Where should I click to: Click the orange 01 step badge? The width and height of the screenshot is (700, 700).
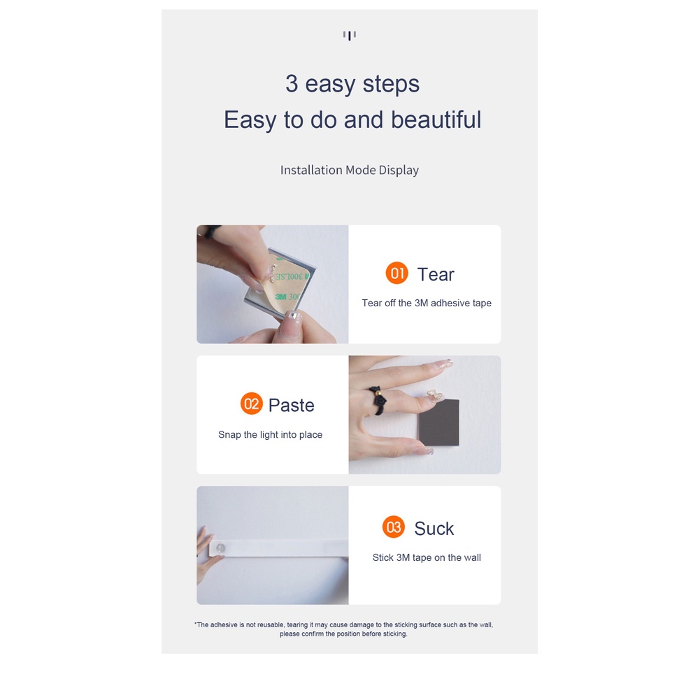click(397, 273)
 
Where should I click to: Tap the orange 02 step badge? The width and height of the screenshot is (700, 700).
click(251, 403)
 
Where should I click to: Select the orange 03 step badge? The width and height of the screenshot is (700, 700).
click(393, 527)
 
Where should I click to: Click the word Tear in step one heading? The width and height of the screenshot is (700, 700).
click(435, 275)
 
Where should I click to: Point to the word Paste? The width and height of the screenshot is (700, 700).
click(291, 406)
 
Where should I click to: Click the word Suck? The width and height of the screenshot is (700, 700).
click(434, 529)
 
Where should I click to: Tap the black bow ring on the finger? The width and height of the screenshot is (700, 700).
click(377, 400)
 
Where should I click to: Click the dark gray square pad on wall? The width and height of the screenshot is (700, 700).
click(439, 422)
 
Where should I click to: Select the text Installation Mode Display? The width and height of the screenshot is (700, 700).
click(350, 170)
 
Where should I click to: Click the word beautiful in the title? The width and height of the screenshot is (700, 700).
click(436, 120)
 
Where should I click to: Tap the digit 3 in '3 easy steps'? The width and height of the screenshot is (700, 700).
click(292, 83)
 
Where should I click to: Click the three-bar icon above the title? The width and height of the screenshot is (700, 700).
click(350, 35)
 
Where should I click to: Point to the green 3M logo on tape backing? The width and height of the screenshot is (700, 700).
click(281, 297)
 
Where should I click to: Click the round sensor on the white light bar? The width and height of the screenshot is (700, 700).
click(220, 548)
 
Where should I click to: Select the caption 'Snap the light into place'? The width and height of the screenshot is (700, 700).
click(270, 435)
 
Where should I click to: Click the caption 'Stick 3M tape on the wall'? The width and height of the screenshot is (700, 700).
click(427, 557)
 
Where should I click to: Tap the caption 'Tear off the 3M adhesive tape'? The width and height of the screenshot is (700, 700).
click(427, 303)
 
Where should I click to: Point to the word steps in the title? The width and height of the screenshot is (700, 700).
click(391, 85)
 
